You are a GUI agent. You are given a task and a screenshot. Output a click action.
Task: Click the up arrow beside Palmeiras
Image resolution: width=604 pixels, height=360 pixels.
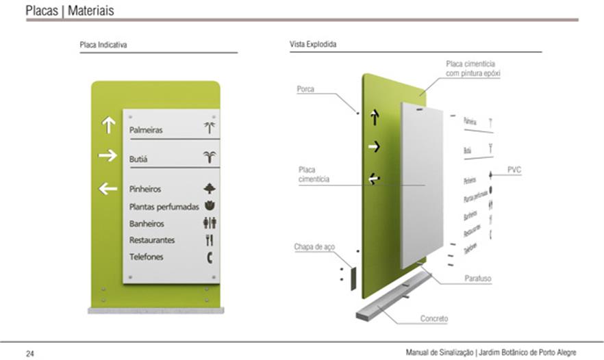coord(108,125)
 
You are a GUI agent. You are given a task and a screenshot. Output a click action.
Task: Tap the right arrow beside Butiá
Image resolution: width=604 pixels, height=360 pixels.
coord(108,156)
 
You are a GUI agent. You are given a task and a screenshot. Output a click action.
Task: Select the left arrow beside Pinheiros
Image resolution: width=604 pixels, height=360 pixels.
coord(108,188)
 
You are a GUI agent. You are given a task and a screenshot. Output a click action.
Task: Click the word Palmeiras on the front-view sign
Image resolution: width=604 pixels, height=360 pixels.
coord(146,129)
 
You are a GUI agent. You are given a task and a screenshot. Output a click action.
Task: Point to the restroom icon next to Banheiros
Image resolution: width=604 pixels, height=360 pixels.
coord(210,223)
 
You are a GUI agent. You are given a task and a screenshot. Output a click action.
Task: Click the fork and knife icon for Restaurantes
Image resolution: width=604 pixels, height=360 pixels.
coord(210,240)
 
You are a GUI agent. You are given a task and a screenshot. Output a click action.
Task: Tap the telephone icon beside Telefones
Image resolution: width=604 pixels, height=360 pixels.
coord(210,257)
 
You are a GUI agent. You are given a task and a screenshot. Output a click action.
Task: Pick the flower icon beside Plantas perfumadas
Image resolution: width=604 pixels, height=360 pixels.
coord(210,206)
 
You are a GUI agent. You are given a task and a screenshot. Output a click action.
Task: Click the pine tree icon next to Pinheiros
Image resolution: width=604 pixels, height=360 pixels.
coord(210,188)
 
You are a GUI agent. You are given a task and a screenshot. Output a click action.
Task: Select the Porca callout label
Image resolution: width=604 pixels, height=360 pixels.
coord(305,89)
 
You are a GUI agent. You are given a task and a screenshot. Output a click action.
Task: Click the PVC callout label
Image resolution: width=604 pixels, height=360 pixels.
coord(514,169)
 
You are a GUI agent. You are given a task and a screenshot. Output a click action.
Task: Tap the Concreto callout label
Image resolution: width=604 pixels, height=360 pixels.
coord(434,319)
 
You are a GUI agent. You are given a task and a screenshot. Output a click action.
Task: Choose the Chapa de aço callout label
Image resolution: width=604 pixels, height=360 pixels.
coord(314,246)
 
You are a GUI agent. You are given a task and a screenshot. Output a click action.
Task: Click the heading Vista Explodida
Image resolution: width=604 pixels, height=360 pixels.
coord(313,44)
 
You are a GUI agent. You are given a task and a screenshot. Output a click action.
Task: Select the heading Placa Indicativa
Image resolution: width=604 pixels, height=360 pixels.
coord(103,44)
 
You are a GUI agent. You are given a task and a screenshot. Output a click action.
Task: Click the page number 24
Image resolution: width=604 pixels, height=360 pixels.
coord(30,353)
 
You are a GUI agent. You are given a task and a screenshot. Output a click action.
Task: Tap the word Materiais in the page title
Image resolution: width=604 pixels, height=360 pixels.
coord(91,11)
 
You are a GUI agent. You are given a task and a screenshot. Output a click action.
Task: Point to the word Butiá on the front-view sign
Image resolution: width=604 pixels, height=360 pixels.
coord(138,159)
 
